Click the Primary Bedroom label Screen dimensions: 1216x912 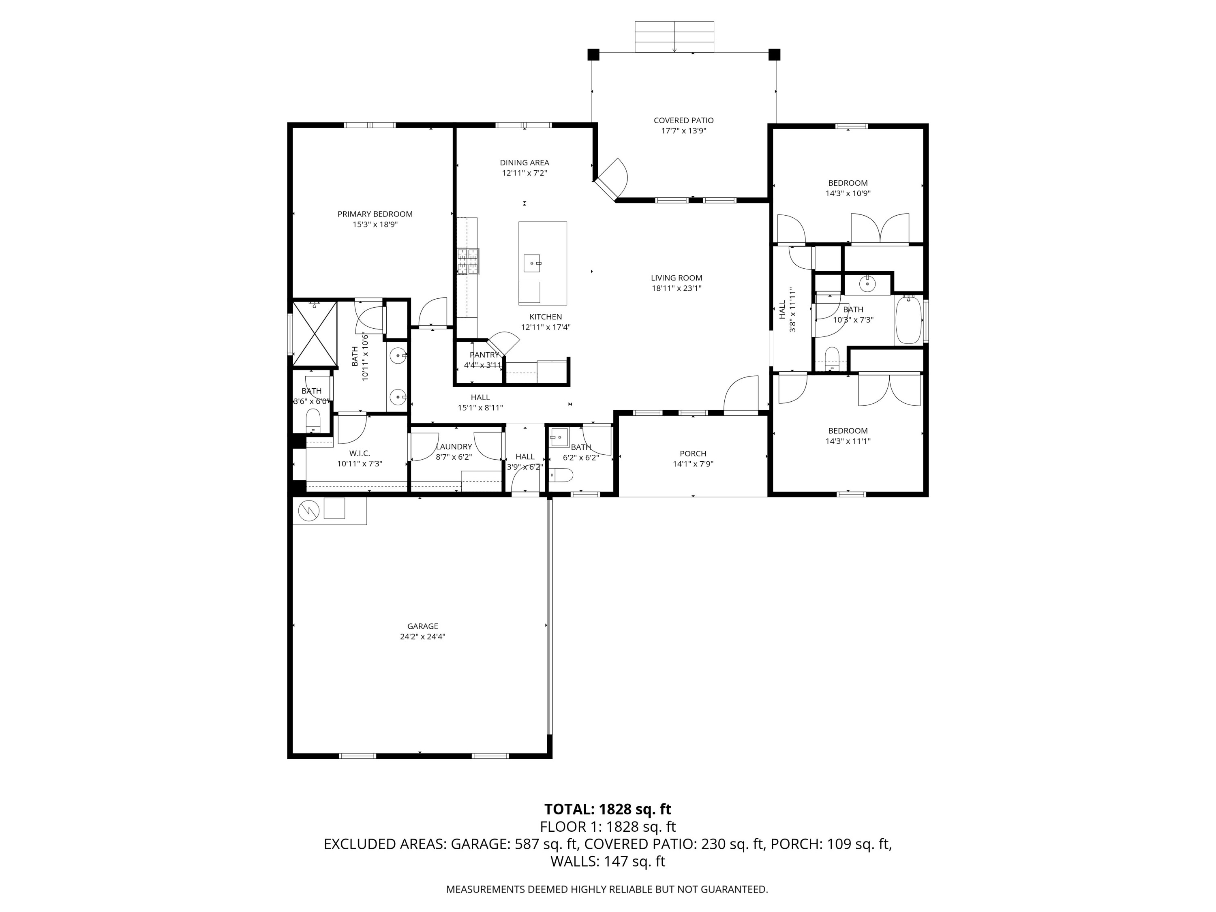tap(375, 214)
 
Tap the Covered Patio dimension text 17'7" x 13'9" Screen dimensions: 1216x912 tap(683, 131)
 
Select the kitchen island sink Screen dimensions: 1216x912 tap(532, 263)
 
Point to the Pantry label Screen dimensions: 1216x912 tap(484, 355)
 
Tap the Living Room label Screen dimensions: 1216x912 tap(677, 278)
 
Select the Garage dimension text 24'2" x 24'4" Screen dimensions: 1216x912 tap(423, 637)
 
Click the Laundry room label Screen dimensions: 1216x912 tap(454, 446)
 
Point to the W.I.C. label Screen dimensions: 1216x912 tap(360, 453)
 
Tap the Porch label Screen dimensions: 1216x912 tap(693, 454)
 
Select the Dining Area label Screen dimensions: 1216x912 tap(525, 163)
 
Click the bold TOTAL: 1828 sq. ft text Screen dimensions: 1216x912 tap(608, 809)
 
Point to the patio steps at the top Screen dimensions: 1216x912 tap(674, 37)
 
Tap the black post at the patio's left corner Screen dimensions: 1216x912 tap(593, 54)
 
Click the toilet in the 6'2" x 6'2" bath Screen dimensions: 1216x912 tap(561, 474)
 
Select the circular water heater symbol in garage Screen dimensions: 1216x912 tap(308, 511)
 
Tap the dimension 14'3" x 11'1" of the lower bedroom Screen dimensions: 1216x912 tap(848, 441)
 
